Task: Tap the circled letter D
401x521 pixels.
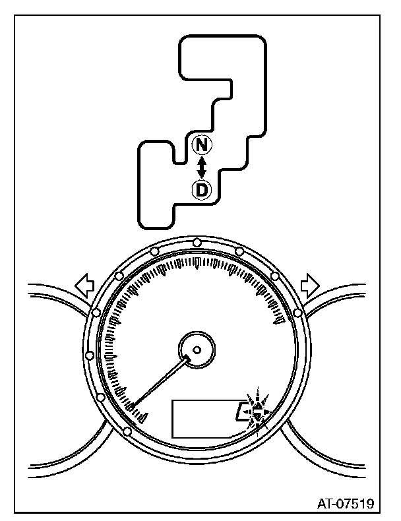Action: (202, 190)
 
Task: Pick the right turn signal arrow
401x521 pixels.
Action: (309, 286)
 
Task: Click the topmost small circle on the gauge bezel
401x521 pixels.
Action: (197, 243)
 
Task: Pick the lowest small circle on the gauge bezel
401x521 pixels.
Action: (126, 432)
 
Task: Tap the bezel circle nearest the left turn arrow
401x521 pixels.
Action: (96, 311)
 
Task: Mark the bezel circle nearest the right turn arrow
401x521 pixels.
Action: (298, 311)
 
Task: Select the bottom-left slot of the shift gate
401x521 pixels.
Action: (154, 191)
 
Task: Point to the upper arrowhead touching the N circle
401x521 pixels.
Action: (202, 158)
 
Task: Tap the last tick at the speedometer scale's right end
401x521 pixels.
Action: (280, 322)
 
